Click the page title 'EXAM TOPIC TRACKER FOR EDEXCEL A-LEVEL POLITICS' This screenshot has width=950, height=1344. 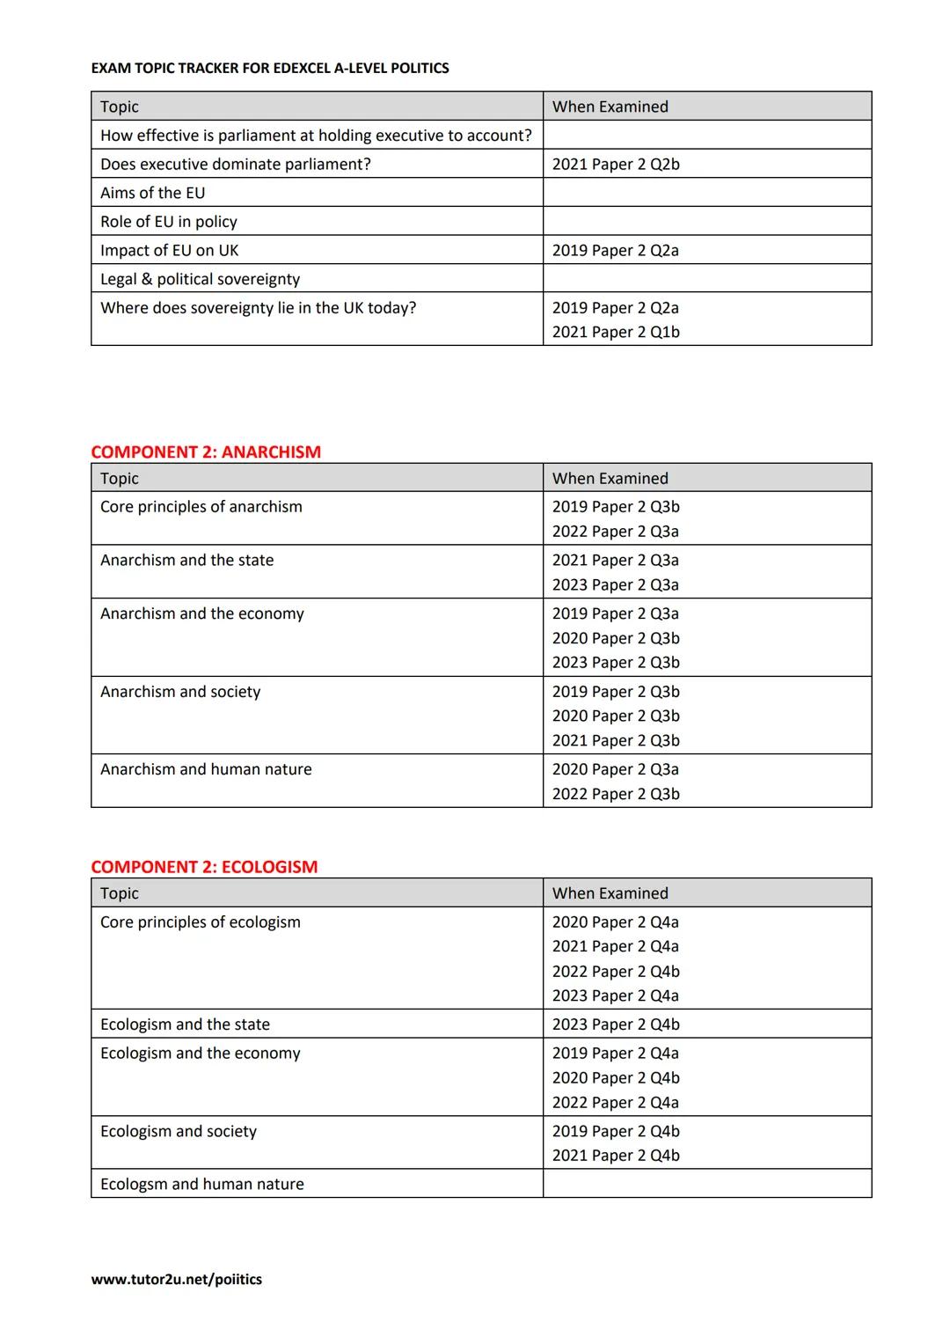270,69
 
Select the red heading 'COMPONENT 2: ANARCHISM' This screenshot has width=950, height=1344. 206,452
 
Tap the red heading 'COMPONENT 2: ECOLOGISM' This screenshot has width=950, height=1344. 204,867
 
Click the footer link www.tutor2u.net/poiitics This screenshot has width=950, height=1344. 176,1279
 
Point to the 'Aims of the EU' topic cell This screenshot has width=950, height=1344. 152,193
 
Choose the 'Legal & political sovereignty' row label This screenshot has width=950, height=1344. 200,279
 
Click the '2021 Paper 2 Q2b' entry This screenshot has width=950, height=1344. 616,165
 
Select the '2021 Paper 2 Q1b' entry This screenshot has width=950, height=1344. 616,332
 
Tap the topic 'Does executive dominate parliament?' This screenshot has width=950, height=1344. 236,165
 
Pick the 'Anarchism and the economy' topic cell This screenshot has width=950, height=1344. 202,613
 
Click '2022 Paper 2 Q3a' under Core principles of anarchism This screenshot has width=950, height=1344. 616,532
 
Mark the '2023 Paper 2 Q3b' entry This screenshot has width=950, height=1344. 616,663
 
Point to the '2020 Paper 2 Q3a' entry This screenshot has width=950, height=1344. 616,769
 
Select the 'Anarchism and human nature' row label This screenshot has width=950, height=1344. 206,769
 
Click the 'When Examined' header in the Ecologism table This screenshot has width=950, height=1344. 610,893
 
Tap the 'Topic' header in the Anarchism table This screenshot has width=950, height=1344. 120,479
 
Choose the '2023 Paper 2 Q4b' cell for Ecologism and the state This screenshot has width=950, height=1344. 616,1025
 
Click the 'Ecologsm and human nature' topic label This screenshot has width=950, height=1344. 202,1184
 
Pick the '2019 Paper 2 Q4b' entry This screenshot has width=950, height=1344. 616,1131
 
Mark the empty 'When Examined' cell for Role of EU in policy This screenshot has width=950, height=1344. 706,222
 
